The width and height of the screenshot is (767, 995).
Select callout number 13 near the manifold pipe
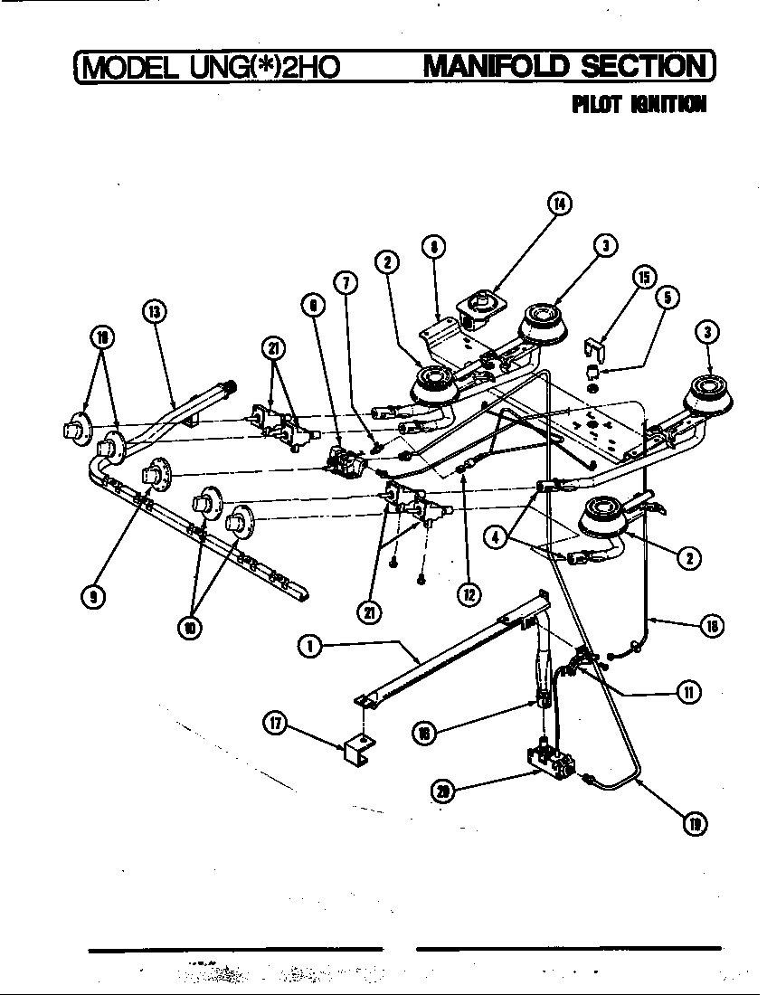[x=156, y=312]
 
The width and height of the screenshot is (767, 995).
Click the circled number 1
[x=309, y=646]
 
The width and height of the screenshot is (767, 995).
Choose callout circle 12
[x=469, y=594]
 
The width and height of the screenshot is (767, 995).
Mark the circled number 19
[x=696, y=822]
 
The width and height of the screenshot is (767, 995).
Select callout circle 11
[x=688, y=692]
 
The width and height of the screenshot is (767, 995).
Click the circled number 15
[x=646, y=276]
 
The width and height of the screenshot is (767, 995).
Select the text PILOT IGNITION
[x=639, y=105]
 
